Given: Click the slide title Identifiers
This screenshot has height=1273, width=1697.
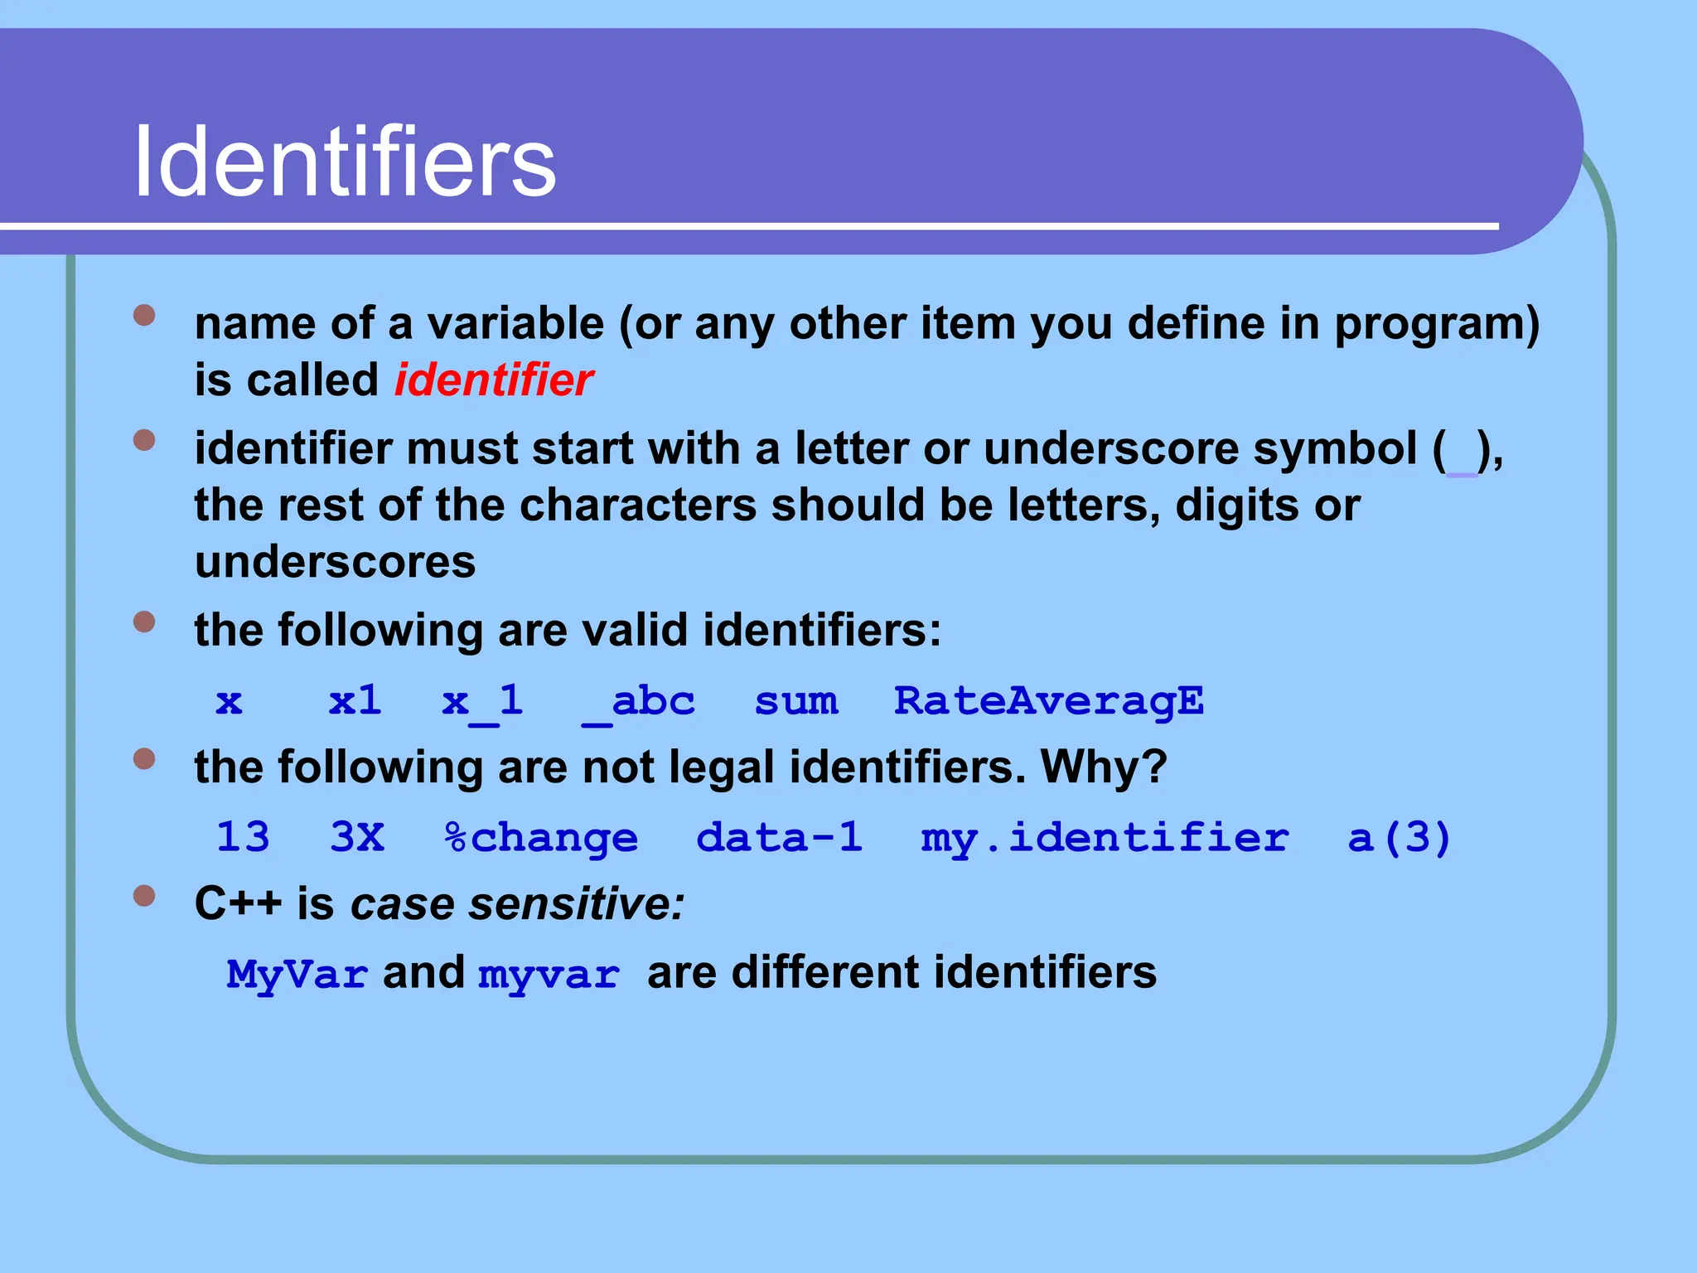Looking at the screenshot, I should pos(345,161).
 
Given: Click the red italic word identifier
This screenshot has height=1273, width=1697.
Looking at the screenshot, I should pos(494,380).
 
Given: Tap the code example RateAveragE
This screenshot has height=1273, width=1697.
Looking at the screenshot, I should pos(1048,701).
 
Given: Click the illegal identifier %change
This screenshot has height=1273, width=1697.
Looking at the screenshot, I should pos(541,838).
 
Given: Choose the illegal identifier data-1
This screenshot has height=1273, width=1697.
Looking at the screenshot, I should pos(779,838).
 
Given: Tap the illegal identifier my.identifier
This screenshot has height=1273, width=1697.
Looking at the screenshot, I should pos(1105,838).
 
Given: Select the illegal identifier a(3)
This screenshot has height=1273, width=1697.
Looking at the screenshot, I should pos(1399,838).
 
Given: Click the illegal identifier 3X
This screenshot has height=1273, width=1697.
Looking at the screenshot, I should pos(357,838).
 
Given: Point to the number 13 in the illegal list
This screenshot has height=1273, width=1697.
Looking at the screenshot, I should pos(243,838).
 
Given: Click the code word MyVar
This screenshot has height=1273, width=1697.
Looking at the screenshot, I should pos(297,974).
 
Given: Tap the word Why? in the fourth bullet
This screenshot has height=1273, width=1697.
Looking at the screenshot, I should pos(1104,767).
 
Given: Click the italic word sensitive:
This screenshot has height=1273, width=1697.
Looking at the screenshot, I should pos(577,903).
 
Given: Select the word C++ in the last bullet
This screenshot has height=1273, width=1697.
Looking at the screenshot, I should pos(238,903).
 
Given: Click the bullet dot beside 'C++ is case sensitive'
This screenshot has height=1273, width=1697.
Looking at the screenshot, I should pos(144,896).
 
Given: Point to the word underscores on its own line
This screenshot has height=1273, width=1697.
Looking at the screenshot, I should pos(335,563).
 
